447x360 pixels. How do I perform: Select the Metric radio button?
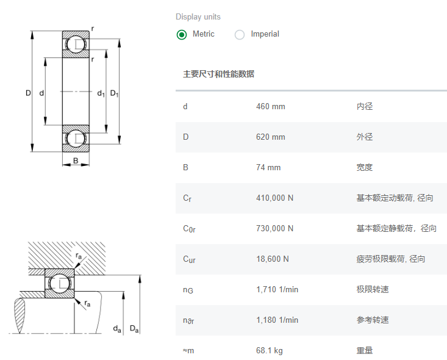(182, 34)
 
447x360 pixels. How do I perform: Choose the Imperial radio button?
(240, 34)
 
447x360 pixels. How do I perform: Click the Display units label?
(198, 16)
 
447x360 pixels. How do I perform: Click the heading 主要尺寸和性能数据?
(218, 74)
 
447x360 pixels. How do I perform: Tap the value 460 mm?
(270, 107)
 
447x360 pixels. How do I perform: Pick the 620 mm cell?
(270, 137)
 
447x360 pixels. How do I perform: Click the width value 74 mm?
(268, 168)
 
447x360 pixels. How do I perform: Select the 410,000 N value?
(274, 198)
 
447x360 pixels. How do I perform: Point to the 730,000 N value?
(274, 229)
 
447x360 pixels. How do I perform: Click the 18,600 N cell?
(272, 259)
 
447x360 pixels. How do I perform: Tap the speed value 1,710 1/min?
(277, 290)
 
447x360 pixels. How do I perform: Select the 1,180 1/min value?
(277, 320)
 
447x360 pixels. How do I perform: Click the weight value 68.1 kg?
(269, 351)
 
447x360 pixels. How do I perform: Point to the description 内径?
(364, 107)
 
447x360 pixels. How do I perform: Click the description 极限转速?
(372, 290)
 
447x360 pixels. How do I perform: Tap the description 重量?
(364, 351)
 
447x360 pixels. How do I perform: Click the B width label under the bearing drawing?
(76, 161)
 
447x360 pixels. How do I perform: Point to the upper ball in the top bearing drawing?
(76, 44)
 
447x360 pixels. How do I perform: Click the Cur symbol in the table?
(189, 259)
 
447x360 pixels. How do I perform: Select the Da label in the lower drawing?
(134, 329)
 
